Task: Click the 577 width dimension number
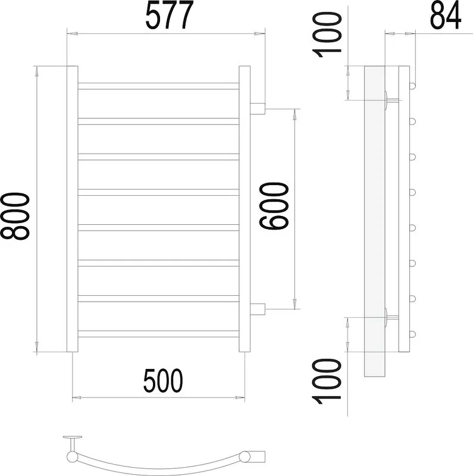click(170, 15)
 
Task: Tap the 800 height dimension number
click(15, 216)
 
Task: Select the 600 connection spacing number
click(274, 206)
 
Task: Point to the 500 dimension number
click(163, 381)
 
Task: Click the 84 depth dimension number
click(446, 15)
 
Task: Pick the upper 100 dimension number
click(327, 35)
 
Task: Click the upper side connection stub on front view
click(258, 109)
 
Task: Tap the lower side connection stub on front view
click(258, 309)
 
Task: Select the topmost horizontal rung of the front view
click(158, 86)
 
